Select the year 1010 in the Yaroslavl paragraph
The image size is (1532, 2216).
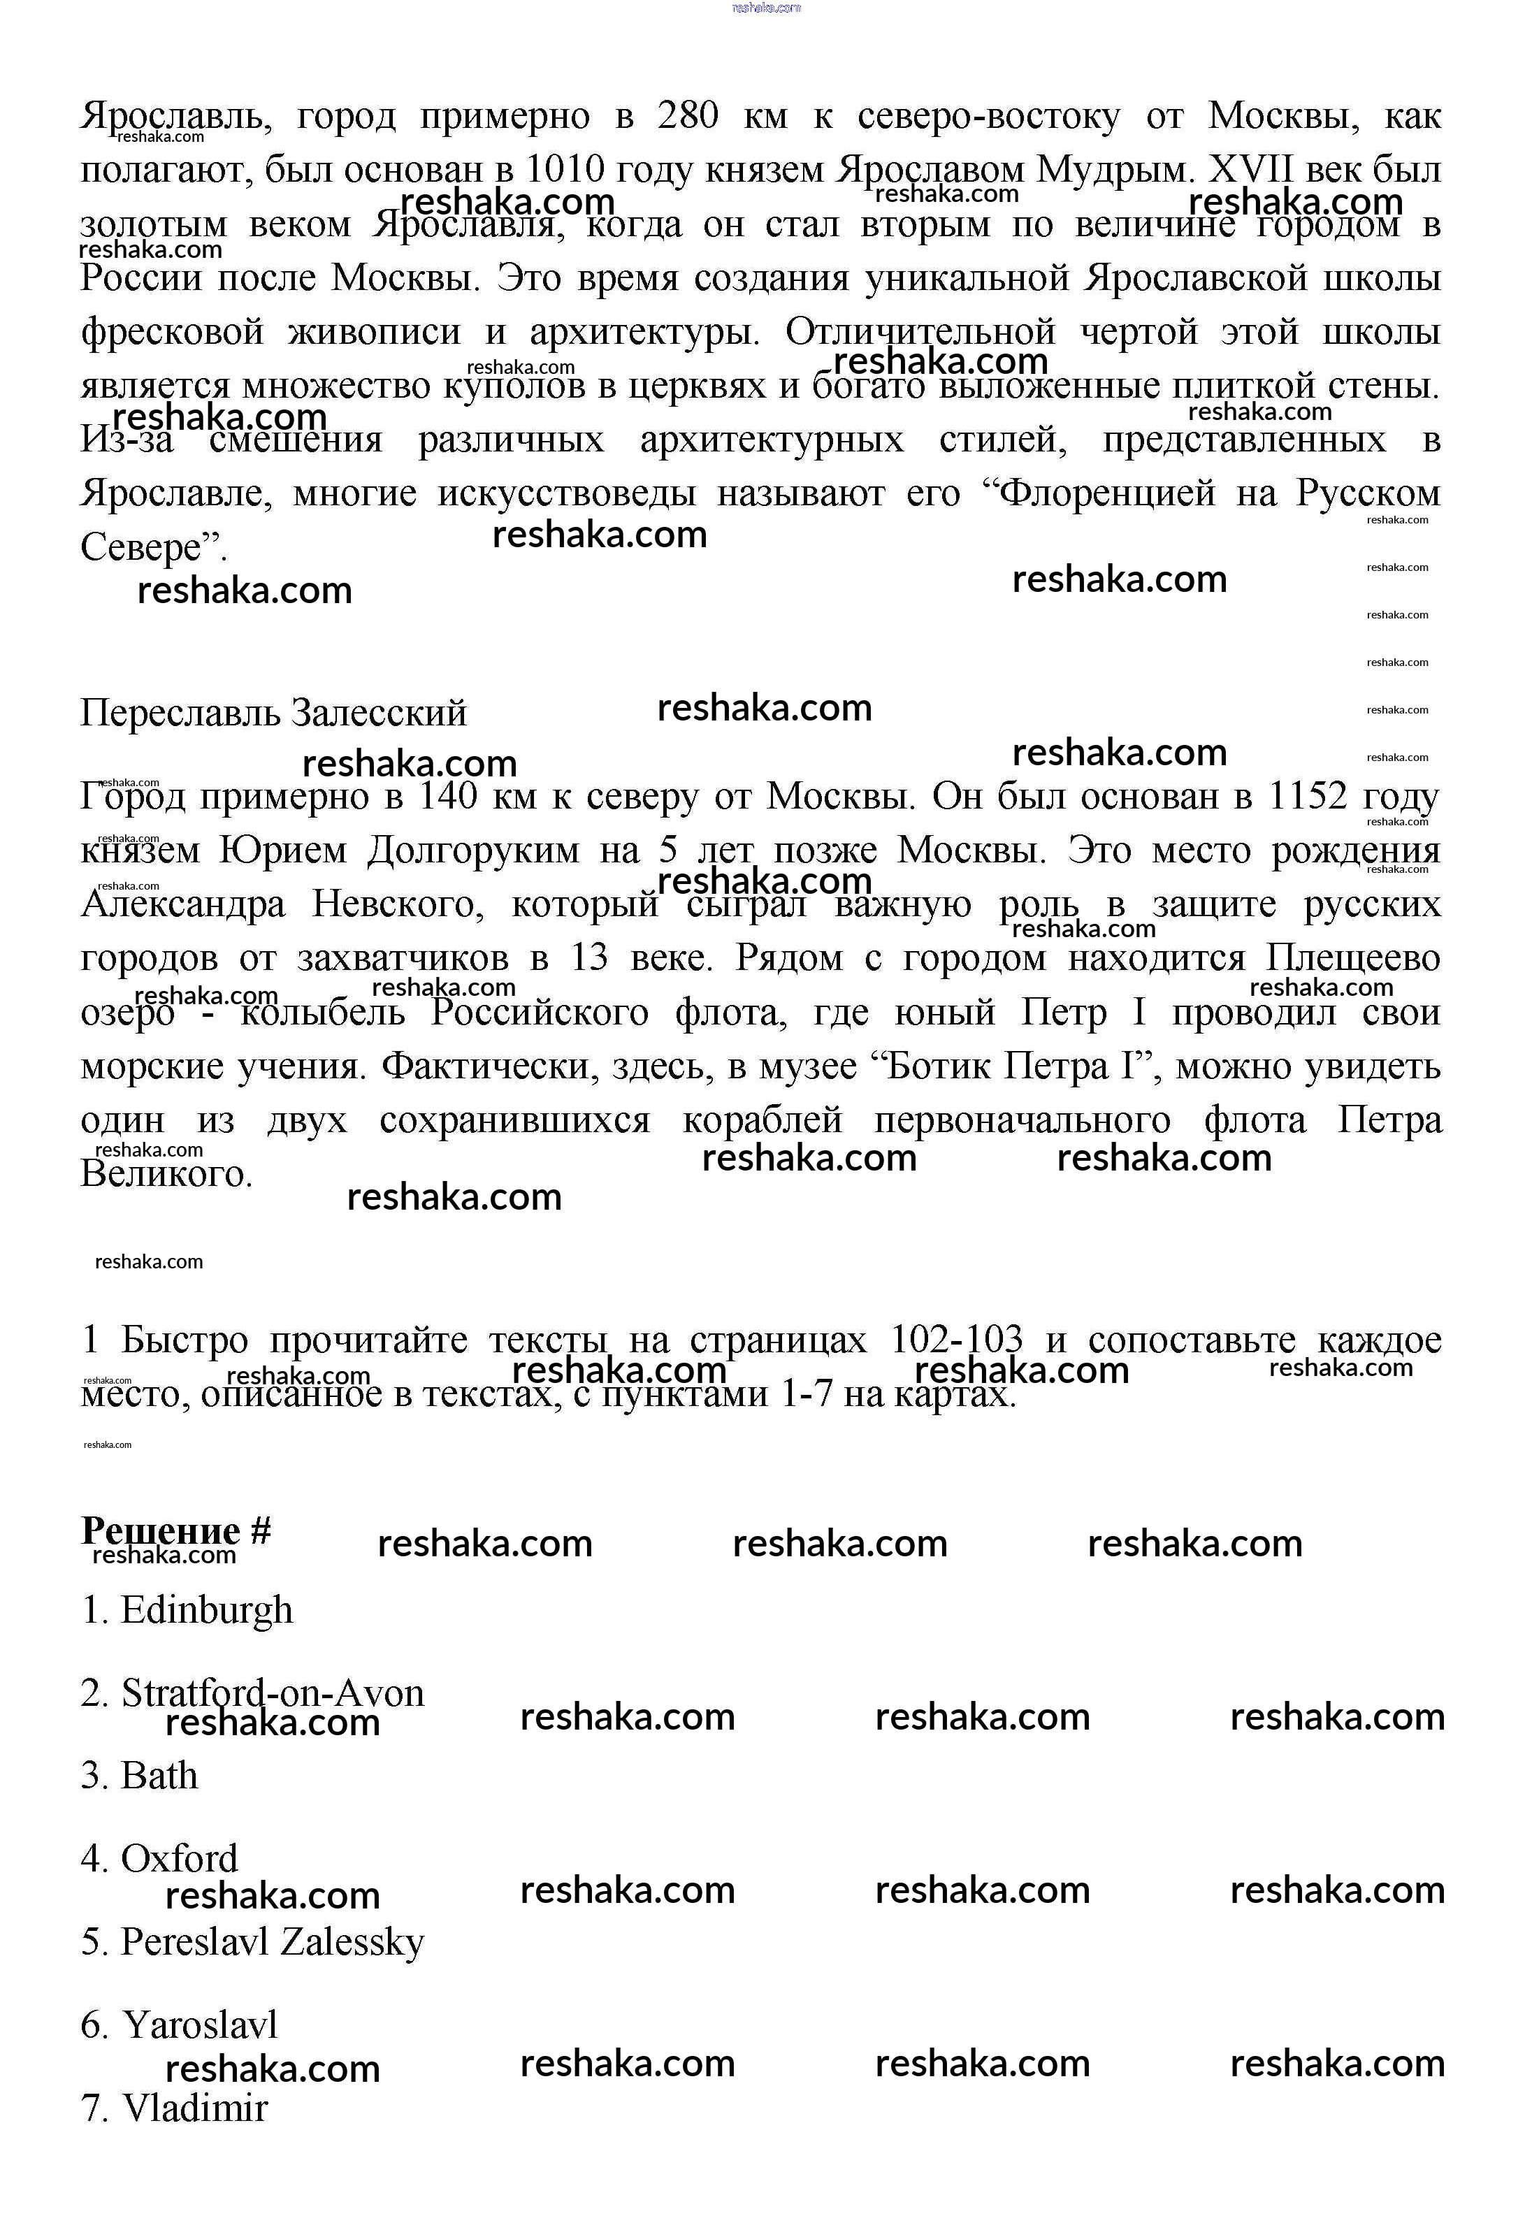pos(565,171)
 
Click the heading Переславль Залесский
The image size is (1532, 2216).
pos(273,713)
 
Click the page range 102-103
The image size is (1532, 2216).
pos(956,1340)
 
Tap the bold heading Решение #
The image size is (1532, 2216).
pos(175,1530)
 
